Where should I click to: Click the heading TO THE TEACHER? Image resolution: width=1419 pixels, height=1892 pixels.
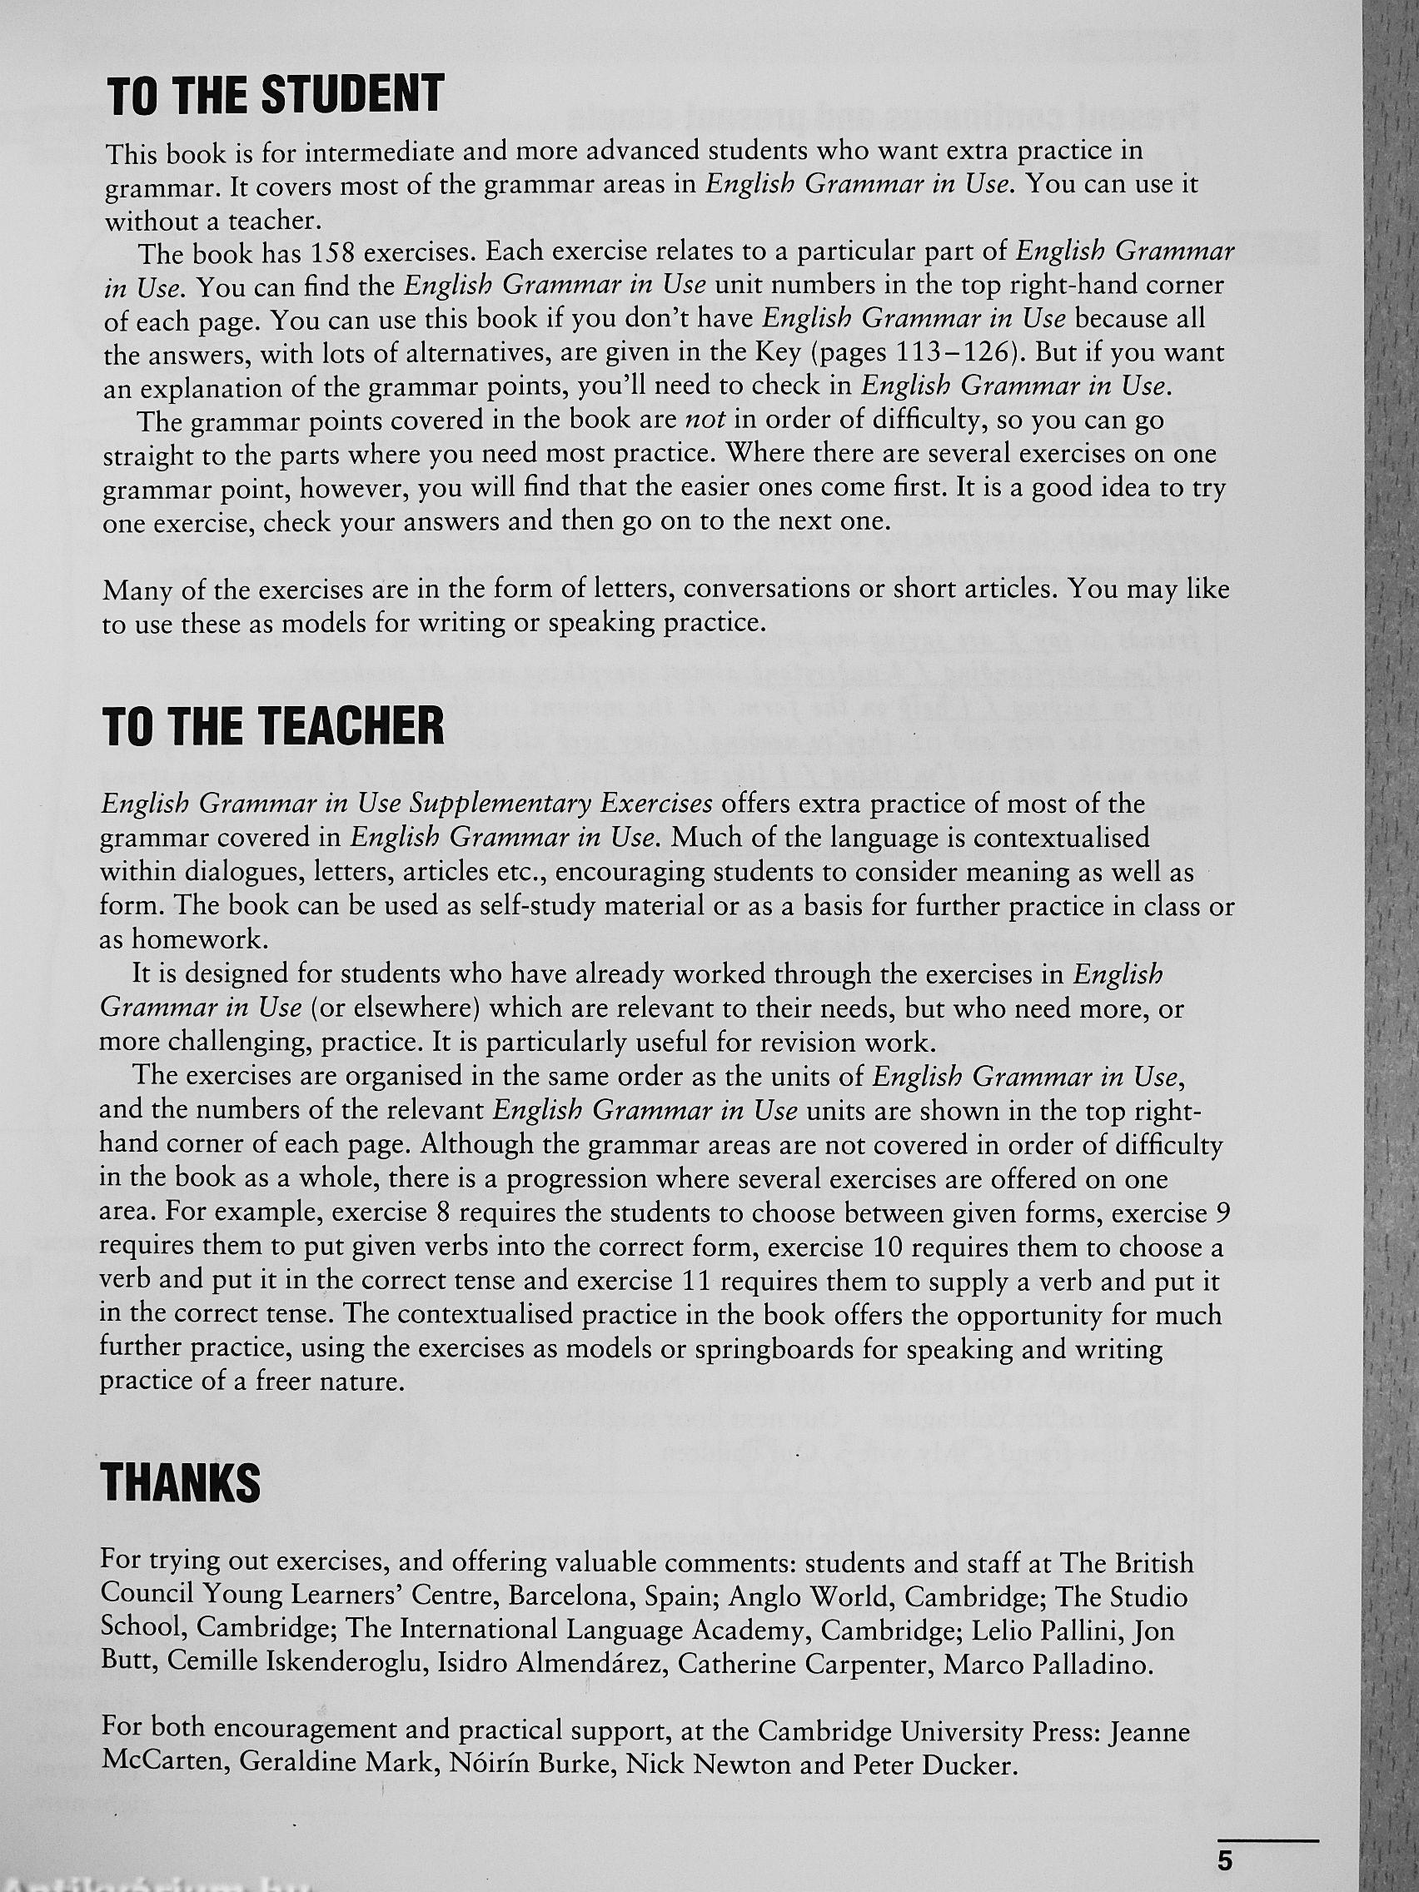pos(273,726)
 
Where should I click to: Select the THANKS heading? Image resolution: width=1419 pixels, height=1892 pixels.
pos(181,1482)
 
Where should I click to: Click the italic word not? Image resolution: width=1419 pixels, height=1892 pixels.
pos(705,420)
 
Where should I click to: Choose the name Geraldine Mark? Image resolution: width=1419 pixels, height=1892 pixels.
pos(328,1764)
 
